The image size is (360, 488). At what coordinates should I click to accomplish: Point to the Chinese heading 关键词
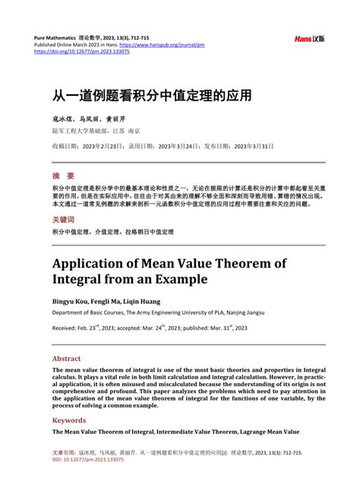click(x=64, y=219)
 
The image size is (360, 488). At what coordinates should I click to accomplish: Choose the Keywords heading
click(x=68, y=420)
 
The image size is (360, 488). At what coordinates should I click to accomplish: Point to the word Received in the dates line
click(x=65, y=328)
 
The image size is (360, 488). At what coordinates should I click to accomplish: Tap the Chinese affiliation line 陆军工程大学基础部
click(x=76, y=130)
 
